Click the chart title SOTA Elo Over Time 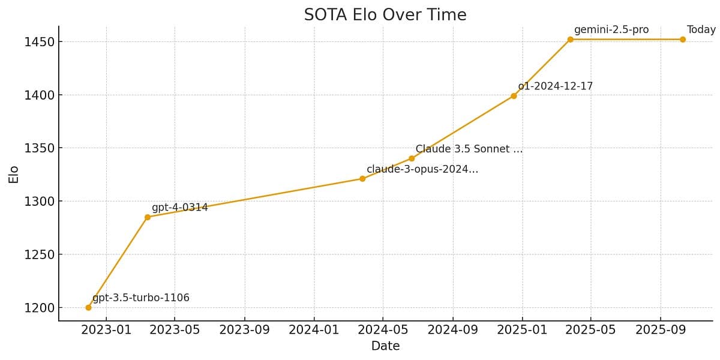385,15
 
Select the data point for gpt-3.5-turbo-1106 88,307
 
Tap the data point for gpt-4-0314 148,217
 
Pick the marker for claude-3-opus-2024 362,178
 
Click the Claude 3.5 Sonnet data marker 412,158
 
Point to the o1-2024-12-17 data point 514,95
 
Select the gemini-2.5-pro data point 571,40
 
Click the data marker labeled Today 683,40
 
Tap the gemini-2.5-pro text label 611,30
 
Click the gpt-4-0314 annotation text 179,208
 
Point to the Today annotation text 701,30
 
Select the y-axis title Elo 13,174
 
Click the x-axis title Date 385,346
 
